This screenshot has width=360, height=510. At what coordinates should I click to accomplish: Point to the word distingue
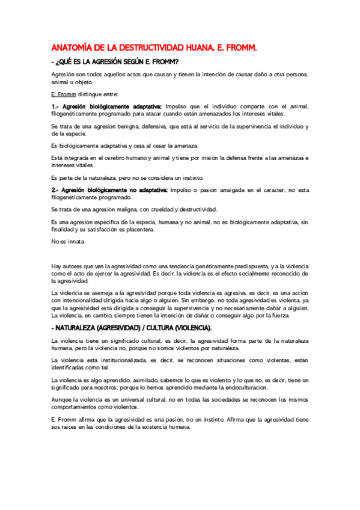(91, 94)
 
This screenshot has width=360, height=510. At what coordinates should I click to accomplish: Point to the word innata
(76, 242)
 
